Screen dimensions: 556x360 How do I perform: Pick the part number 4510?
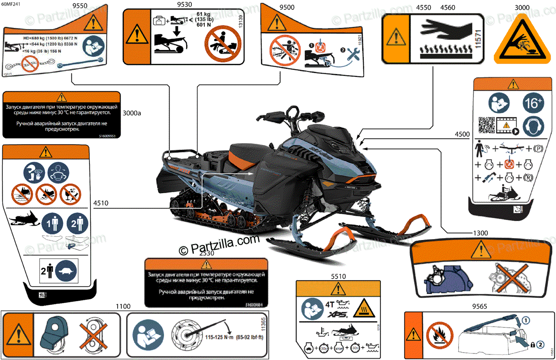point(101,202)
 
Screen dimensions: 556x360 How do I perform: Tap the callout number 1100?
point(123,306)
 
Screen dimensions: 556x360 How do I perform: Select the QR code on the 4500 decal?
point(486,125)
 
